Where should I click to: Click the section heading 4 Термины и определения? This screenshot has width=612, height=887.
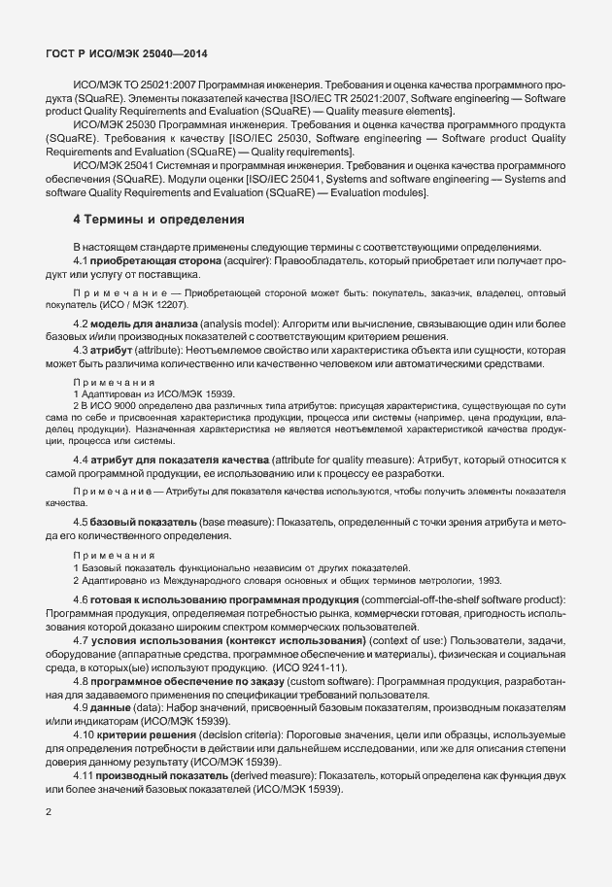tap(159, 221)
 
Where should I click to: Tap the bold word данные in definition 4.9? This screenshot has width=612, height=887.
tap(117, 709)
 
